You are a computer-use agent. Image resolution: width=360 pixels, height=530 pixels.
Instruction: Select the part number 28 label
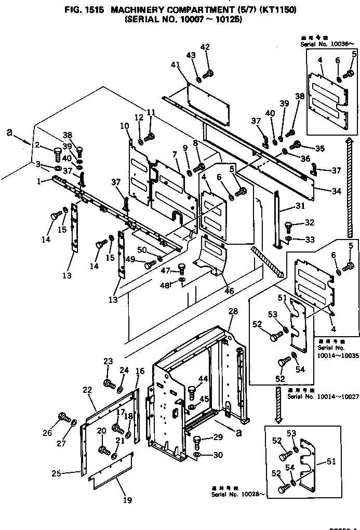point(233,311)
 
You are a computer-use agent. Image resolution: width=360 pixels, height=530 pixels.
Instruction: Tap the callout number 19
point(128,500)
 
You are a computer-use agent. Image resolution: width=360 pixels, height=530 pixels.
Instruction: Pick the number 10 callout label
point(125,126)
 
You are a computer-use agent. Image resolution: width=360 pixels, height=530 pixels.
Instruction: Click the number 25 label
point(56,473)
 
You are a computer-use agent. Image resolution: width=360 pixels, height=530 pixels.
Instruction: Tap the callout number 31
point(300,206)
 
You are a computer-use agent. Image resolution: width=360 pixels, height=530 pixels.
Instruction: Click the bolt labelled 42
point(209,74)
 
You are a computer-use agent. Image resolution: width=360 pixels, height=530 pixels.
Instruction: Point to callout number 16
point(140,371)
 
